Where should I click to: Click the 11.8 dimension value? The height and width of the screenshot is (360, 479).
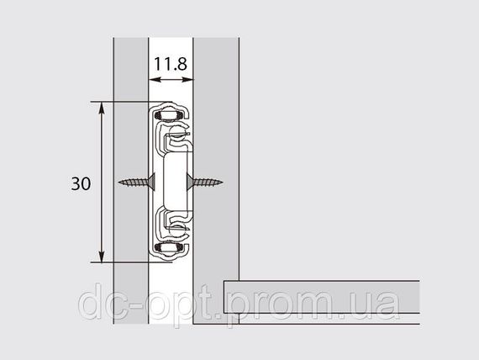pos(171,64)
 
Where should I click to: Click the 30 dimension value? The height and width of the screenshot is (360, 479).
pos(81,183)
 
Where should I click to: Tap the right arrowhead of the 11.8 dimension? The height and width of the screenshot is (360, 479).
pos(187,80)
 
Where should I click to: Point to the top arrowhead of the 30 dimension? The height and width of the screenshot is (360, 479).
pos(102,108)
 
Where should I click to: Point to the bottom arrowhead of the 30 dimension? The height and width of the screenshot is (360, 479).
pos(102,256)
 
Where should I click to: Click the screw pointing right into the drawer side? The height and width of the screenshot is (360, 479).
pos(204,183)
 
